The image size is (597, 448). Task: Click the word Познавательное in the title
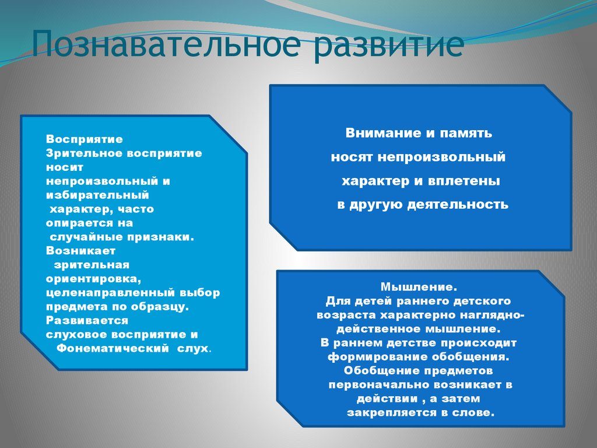click(166, 43)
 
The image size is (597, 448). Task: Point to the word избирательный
click(97, 195)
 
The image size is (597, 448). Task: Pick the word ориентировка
click(93, 279)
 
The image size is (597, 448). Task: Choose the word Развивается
click(87, 321)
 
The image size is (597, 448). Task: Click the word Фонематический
click(113, 348)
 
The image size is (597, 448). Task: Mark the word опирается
click(79, 223)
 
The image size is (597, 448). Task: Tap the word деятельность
click(458, 205)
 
